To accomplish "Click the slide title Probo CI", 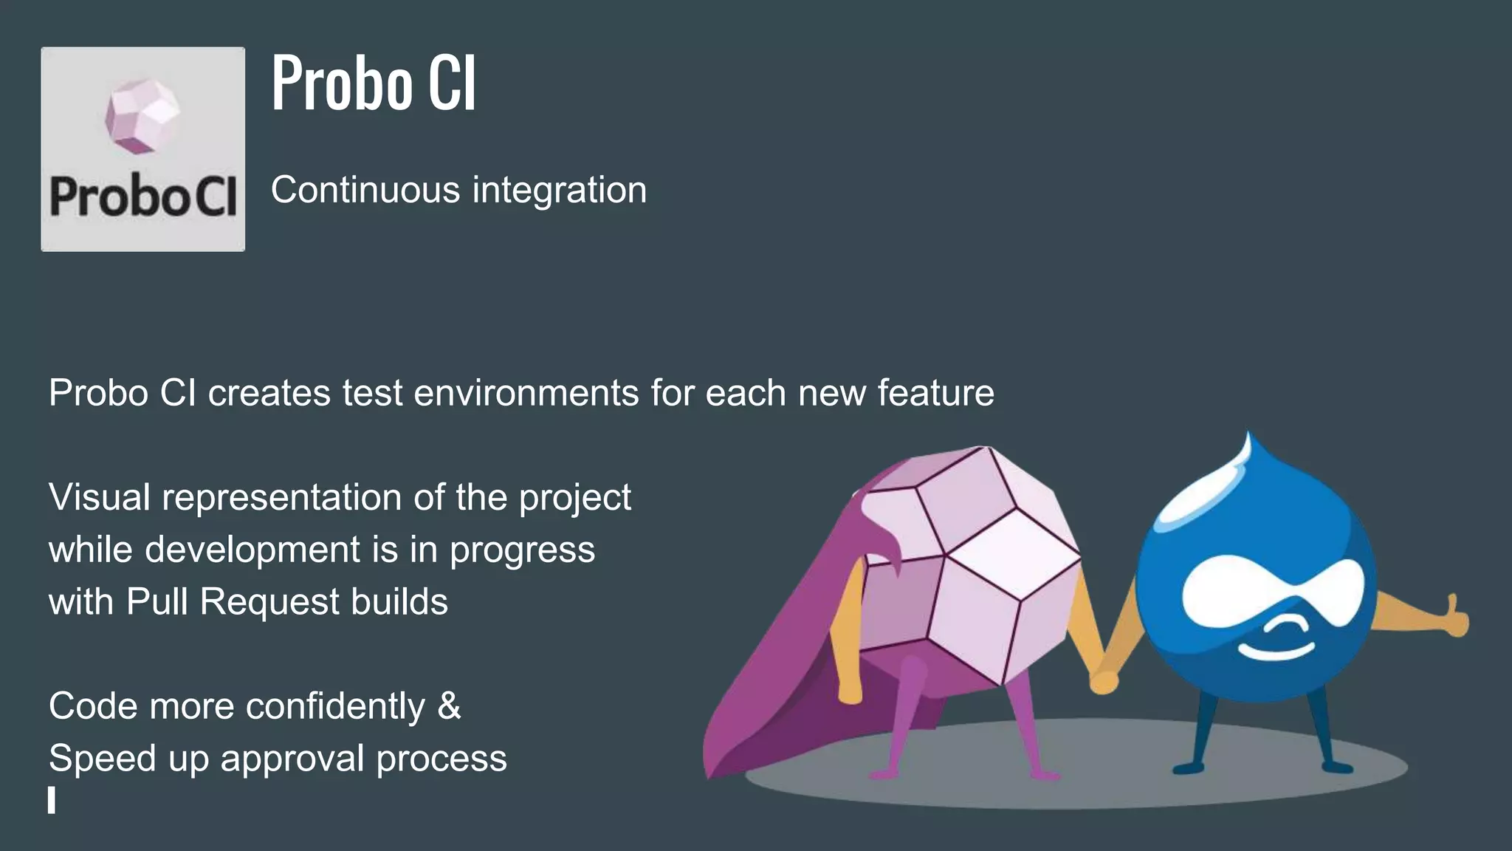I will click(374, 83).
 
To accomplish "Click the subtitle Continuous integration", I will click(458, 190).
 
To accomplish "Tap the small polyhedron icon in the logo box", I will click(142, 116).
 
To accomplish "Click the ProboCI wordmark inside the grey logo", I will click(142, 198).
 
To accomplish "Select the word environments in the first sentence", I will click(526, 392).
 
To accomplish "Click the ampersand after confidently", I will click(449, 706).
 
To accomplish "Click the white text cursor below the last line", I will click(52, 800).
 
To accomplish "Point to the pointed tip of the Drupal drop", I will click(1248, 440).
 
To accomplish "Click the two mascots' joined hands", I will click(1103, 680).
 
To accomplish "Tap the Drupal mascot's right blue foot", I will click(1336, 767).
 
